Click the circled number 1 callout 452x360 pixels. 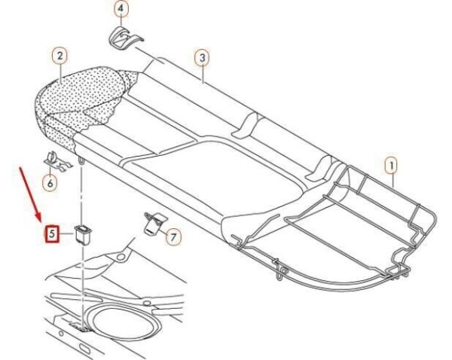point(392,166)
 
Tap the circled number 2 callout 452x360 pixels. point(60,56)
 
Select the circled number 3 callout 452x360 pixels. point(203,57)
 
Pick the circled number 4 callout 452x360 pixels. point(121,8)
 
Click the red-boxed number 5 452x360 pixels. point(52,233)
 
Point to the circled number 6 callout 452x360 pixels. point(50,183)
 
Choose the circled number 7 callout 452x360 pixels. point(173,237)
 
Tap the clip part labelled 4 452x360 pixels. point(124,37)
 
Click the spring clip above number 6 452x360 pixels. point(59,162)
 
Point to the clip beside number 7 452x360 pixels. point(154,223)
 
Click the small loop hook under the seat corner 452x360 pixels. point(81,160)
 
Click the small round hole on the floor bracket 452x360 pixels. point(121,256)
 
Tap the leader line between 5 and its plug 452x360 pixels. point(67,233)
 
